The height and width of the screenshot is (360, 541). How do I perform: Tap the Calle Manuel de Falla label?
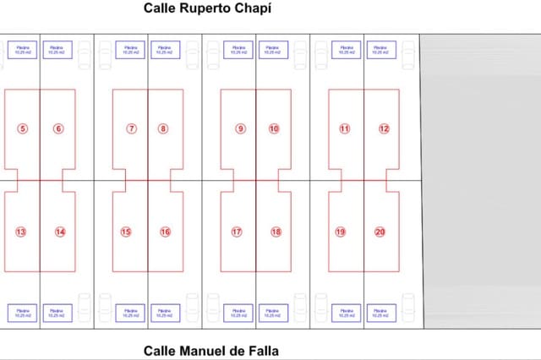pos(210,350)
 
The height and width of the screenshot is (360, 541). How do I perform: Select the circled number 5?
pos(22,128)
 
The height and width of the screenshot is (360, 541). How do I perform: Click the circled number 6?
pos(57,128)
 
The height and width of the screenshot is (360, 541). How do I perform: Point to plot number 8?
pos(163,128)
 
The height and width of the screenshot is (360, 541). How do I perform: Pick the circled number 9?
pos(241,128)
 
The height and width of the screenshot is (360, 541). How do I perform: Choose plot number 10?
pos(274,128)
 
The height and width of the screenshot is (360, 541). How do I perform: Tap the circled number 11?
pos(344,128)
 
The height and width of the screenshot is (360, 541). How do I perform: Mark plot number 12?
pos(384,128)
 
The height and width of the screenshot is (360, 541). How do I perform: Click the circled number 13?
pos(21,232)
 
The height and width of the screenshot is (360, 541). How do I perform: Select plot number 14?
pos(59,232)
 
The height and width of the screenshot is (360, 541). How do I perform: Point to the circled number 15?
pos(126,232)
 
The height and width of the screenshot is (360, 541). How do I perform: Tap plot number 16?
pos(165,232)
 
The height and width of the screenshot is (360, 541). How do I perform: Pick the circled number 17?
pos(237,232)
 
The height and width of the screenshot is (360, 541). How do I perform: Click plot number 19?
pos(341,232)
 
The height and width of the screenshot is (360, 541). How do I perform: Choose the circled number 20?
pos(380,232)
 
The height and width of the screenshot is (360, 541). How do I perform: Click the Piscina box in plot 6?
pos(57,49)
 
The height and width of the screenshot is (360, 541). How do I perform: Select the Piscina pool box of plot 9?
pos(238,49)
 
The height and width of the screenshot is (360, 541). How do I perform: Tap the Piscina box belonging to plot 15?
pos(129,313)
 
